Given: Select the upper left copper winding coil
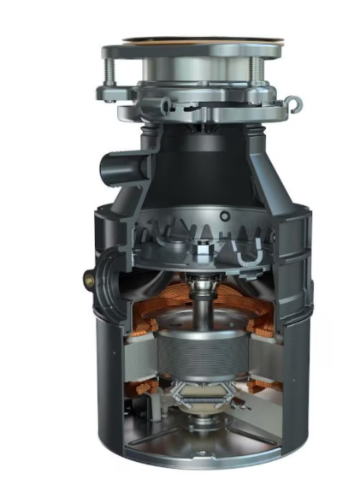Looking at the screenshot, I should point(145,312).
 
